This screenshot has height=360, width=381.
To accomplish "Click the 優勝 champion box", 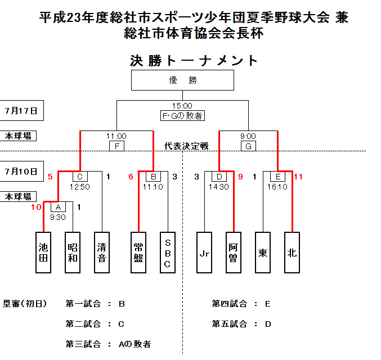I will (x=182, y=80).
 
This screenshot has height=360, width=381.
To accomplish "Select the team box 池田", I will (x=43, y=253).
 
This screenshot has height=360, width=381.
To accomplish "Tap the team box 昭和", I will (x=73, y=253).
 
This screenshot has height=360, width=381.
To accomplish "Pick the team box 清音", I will (x=102, y=253).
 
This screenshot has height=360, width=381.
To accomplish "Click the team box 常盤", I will (x=138, y=253).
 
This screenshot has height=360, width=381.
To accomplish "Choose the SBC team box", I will (x=168, y=253).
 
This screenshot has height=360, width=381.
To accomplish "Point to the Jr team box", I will (x=204, y=253).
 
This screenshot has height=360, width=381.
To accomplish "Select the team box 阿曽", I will (x=233, y=253).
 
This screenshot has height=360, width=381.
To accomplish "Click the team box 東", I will (x=262, y=253).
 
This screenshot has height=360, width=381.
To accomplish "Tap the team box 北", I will (x=292, y=253).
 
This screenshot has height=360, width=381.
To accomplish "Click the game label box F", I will (x=116, y=146).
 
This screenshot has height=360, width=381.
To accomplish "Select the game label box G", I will (x=248, y=146).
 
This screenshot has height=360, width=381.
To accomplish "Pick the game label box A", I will (x=58, y=207).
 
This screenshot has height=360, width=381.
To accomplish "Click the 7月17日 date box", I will (x=22, y=111).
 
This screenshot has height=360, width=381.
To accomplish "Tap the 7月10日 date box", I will (x=22, y=170).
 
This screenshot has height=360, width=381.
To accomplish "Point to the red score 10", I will (x=36, y=207).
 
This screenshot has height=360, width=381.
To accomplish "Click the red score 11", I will (x=298, y=177).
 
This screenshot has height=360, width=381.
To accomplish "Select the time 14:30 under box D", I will (x=219, y=186).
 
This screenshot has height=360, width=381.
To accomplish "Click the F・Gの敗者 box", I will (x=182, y=116).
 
